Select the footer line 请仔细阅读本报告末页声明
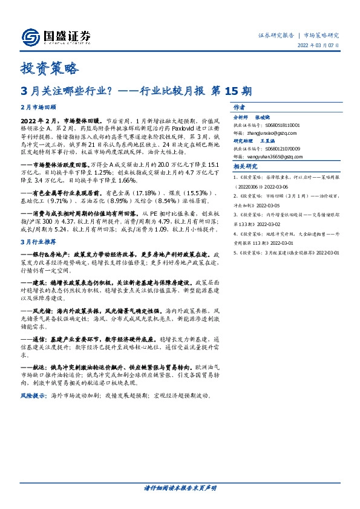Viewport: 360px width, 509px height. coord(180,487)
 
